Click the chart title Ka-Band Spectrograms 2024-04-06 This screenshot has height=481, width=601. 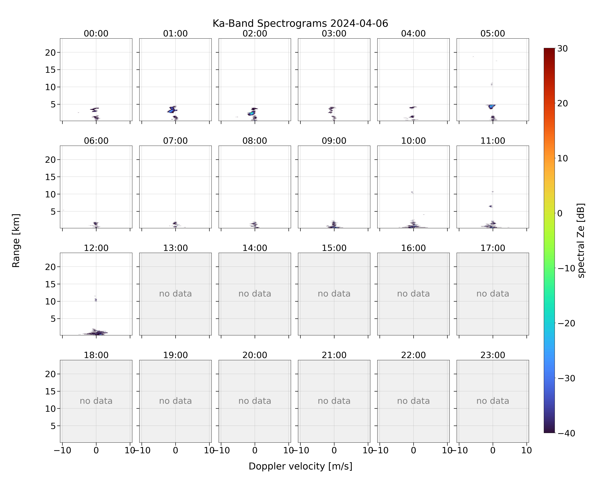(x=300, y=23)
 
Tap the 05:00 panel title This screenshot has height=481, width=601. (x=492, y=34)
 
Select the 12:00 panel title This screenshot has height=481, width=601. (x=96, y=248)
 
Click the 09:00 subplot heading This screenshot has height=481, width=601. (x=334, y=141)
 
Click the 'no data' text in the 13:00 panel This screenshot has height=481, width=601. (x=175, y=294)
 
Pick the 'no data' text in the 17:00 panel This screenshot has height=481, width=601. (x=492, y=294)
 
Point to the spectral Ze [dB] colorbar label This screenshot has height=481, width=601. (x=581, y=240)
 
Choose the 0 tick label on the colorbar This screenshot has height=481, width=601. (x=560, y=213)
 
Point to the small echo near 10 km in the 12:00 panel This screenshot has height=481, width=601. (x=96, y=300)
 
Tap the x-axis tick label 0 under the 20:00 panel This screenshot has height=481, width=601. (x=255, y=450)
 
